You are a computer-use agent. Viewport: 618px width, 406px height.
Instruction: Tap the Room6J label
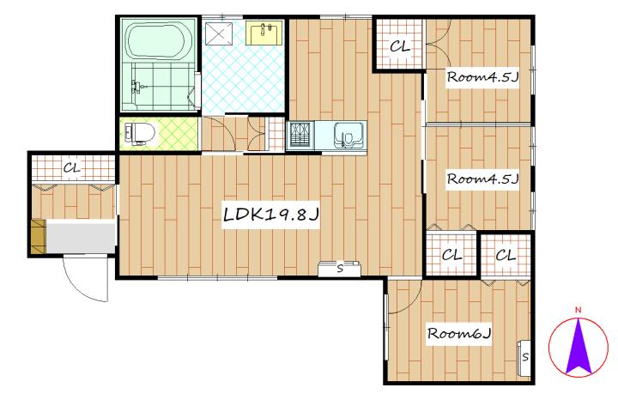pyautogui.click(x=459, y=334)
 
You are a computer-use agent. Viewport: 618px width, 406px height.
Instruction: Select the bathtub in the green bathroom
pyautogui.click(x=159, y=41)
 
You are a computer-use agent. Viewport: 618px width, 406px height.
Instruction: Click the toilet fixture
pyautogui.click(x=138, y=133)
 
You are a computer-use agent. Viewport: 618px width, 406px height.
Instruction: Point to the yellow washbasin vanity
pyautogui.click(x=264, y=33)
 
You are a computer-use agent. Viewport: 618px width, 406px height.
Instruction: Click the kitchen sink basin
pyautogui.click(x=348, y=135)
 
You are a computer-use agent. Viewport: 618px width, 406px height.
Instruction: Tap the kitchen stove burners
pyautogui.click(x=300, y=136)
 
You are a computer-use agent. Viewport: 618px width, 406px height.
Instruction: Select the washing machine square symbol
pyautogui.click(x=218, y=33)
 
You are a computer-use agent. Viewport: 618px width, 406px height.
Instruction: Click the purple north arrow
pyautogui.click(x=579, y=347)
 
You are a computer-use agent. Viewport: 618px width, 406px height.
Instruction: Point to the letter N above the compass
pyautogui.click(x=579, y=310)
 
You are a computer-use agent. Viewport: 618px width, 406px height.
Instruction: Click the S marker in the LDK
pyautogui.click(x=340, y=270)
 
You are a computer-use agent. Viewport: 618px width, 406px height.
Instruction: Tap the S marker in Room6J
pyautogui.click(x=525, y=357)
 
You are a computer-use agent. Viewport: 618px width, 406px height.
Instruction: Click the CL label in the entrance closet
pyautogui.click(x=72, y=168)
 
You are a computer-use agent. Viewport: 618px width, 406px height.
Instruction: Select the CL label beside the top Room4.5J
pyautogui.click(x=400, y=46)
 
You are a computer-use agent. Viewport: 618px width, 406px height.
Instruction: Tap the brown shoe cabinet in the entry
pyautogui.click(x=39, y=237)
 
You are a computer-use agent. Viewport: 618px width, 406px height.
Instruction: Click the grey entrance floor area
pyautogui.click(x=81, y=237)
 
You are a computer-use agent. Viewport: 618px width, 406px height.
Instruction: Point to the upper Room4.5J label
pyautogui.click(x=482, y=77)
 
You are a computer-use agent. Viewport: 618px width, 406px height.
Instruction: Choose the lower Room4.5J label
pyautogui.click(x=482, y=179)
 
